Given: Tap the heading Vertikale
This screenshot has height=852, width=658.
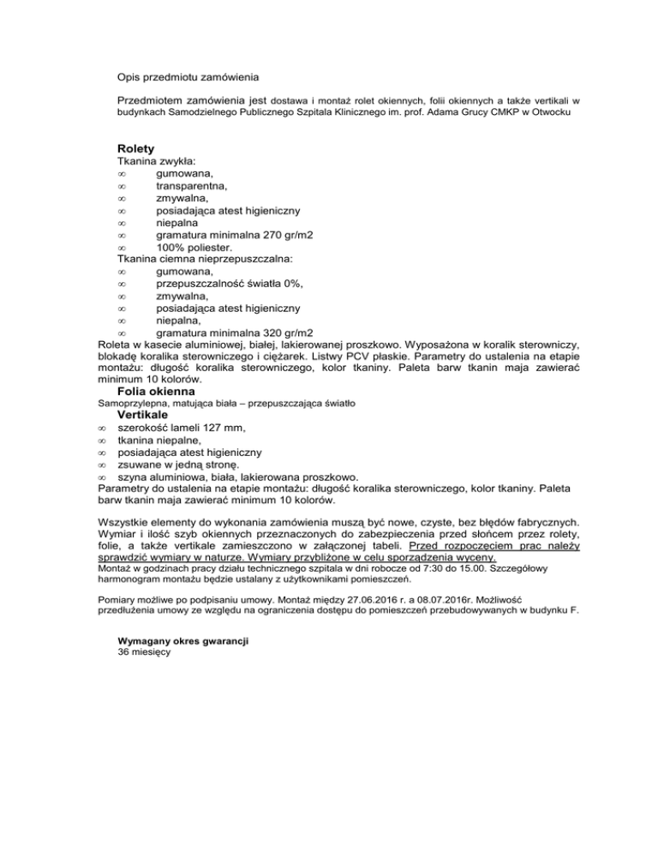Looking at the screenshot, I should tap(143, 414).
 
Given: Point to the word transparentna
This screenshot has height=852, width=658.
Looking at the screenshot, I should tap(191, 185).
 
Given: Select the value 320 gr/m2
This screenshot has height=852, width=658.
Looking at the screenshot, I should tap(285, 333).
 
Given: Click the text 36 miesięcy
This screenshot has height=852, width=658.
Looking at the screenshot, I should tap(145, 652).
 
